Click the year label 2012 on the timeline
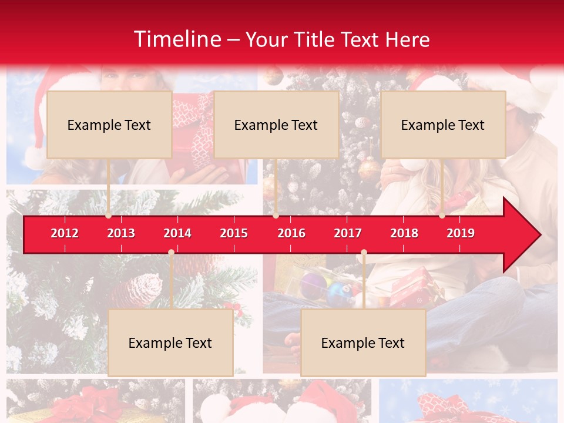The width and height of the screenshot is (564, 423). [x=65, y=233]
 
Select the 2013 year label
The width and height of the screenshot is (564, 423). [x=121, y=233]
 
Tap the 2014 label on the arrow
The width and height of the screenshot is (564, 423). [x=177, y=233]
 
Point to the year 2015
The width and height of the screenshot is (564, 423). [x=234, y=233]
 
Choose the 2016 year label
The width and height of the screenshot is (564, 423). [x=291, y=233]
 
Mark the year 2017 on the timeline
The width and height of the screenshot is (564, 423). [x=348, y=233]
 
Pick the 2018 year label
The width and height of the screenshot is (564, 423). [x=404, y=233]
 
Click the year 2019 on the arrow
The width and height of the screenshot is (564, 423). [x=461, y=233]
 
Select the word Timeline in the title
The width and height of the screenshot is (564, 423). [x=176, y=39]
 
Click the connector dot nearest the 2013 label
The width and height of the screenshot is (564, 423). [x=108, y=216]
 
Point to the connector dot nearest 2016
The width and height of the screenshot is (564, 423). [x=276, y=216]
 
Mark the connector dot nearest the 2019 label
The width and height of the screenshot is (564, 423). [x=442, y=216]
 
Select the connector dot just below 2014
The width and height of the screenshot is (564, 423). [x=171, y=253]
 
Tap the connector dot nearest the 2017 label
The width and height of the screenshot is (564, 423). [x=364, y=253]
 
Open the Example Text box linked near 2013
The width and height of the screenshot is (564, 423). [x=109, y=125]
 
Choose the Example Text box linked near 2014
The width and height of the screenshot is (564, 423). [x=170, y=343]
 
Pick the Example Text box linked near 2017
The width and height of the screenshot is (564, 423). [x=363, y=343]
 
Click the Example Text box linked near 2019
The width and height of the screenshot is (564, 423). [x=443, y=125]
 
